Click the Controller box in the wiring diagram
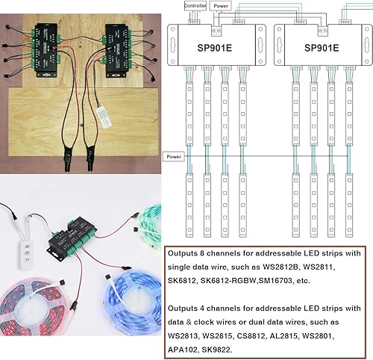coord(195,5)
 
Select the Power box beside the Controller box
coord(222,5)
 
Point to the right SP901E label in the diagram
coord(320,44)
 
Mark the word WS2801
coord(340,335)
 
